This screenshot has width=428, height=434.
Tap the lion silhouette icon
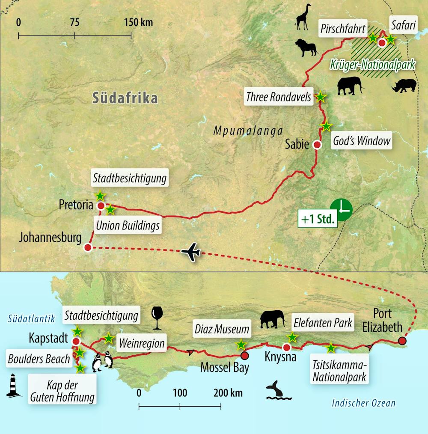click(x=306, y=48)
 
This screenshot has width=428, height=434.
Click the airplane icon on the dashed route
click(x=191, y=252)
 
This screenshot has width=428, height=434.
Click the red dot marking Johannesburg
click(x=88, y=247)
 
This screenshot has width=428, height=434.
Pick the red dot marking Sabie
click(x=317, y=145)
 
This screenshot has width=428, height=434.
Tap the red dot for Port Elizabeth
click(x=402, y=341)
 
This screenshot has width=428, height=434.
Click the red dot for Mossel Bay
click(x=244, y=355)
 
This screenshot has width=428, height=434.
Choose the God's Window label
click(x=363, y=141)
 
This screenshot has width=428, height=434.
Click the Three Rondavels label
click(x=279, y=97)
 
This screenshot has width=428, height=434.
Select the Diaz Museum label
click(x=221, y=329)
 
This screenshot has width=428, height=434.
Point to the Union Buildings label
click(x=128, y=225)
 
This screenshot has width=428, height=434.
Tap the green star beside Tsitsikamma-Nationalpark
click(x=331, y=348)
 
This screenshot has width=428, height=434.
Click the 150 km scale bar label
click(x=138, y=22)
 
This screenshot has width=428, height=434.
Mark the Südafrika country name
click(x=125, y=98)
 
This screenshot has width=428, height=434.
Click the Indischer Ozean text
click(x=364, y=403)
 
